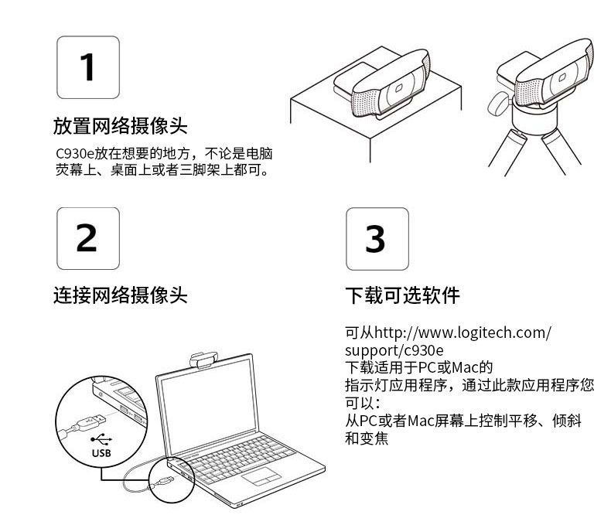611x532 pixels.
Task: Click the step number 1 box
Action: click(x=88, y=67)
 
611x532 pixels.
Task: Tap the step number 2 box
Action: click(x=88, y=238)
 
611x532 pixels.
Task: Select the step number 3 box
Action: click(x=377, y=239)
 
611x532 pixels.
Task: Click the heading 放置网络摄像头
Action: click(x=121, y=126)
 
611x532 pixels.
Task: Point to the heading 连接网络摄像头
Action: click(x=121, y=295)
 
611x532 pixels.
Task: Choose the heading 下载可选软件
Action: click(x=402, y=295)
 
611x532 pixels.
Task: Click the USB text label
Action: click(x=101, y=453)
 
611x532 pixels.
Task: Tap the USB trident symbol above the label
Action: click(x=101, y=440)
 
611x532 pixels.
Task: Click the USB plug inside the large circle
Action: click(x=89, y=423)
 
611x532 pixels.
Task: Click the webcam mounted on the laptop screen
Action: click(x=204, y=360)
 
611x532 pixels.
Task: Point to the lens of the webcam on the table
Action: click(x=398, y=88)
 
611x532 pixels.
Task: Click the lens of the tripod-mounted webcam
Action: click(x=562, y=77)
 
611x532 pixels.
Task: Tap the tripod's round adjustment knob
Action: click(x=497, y=103)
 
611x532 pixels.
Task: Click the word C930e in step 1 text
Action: click(x=75, y=153)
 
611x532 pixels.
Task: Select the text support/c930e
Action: click(x=394, y=350)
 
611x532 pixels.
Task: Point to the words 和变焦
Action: click(x=367, y=438)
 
